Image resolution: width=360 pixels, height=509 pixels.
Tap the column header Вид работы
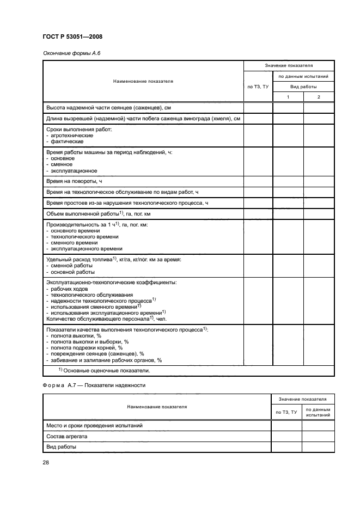(x=303, y=87)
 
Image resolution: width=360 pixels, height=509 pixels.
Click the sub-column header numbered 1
(x=288, y=97)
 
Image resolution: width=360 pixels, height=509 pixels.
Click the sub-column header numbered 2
(x=319, y=97)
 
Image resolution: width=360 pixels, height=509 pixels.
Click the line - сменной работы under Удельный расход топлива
(x=71, y=266)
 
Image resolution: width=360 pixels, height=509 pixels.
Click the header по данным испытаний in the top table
(x=303, y=76)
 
